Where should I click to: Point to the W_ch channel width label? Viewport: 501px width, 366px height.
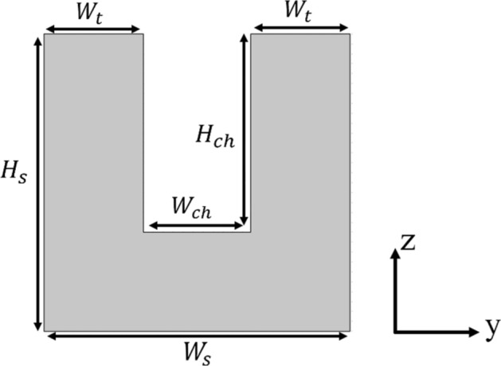192,207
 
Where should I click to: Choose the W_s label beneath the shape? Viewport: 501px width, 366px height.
195,351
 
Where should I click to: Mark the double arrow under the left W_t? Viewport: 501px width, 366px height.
92,30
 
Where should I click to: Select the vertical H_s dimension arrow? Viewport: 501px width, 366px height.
37,182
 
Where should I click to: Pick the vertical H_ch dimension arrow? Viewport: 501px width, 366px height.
244,131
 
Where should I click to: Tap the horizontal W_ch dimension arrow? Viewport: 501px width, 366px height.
196,226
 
